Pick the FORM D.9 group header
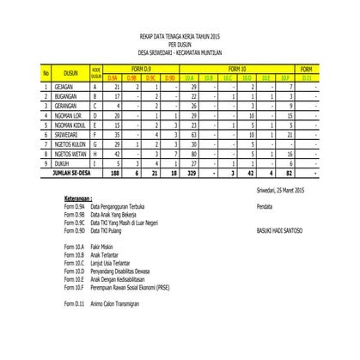coord(141,69)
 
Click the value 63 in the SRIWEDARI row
coord(195,134)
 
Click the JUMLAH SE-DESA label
coord(72,171)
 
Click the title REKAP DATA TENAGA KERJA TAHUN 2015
coord(179,37)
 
